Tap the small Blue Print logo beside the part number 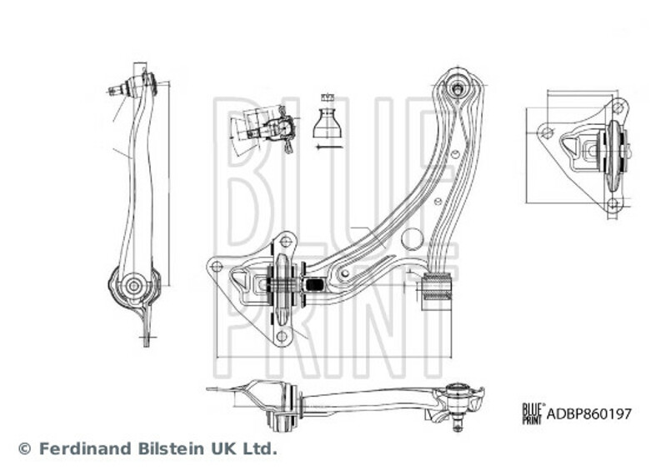pos(532,411)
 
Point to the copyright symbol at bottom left pos(23,448)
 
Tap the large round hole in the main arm pos(412,238)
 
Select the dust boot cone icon pos(328,123)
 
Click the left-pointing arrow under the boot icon pos(328,148)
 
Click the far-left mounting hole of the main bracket pos(217,267)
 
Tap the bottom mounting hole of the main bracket pos(281,336)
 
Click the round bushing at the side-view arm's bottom pos(133,287)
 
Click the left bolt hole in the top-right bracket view pos(547,131)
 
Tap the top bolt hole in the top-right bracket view pos(617,108)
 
